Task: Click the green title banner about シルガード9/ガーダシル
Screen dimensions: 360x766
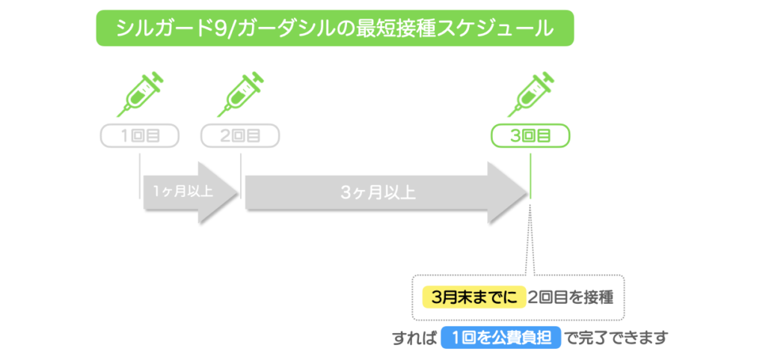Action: (x=334, y=28)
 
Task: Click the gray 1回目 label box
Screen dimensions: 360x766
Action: (x=140, y=136)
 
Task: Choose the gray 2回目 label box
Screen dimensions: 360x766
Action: (x=240, y=136)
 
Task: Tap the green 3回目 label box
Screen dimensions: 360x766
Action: (x=530, y=136)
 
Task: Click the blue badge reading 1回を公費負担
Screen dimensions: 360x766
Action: (x=500, y=338)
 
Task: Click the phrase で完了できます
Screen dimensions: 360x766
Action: (x=616, y=338)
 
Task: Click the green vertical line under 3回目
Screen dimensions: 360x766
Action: (x=530, y=176)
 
